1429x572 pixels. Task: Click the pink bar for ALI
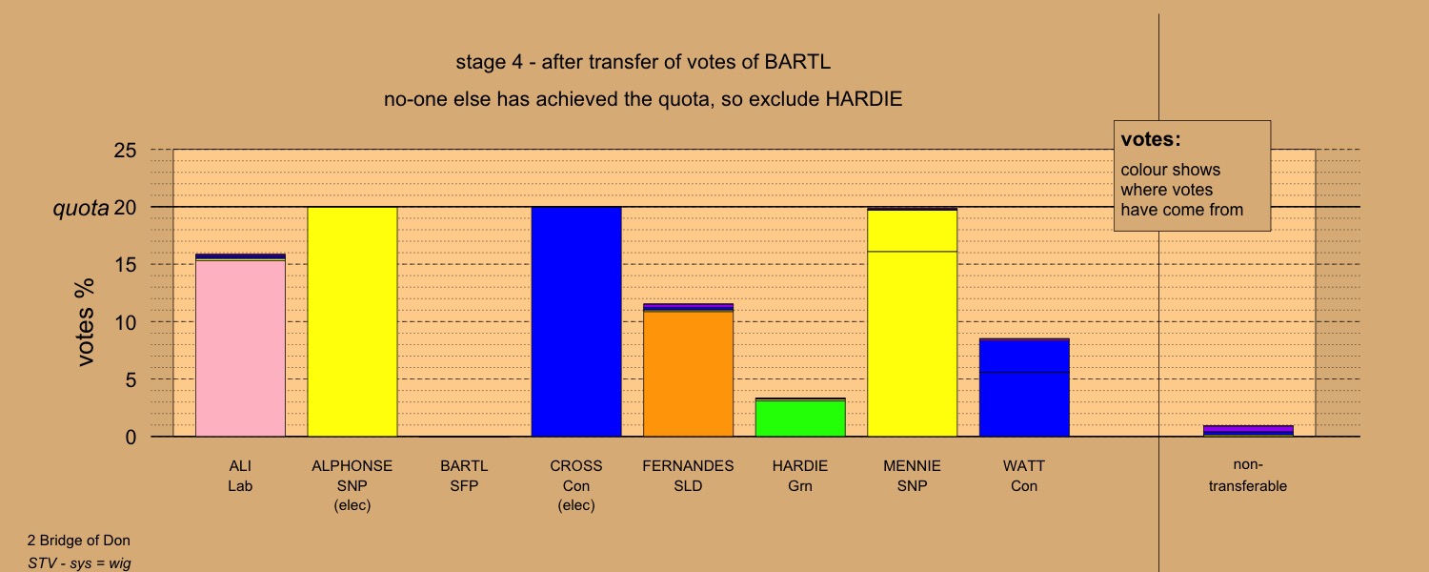pyautogui.click(x=240, y=348)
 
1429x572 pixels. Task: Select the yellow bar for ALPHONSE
pyautogui.click(x=352, y=322)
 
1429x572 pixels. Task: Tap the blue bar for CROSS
pyautogui.click(x=576, y=322)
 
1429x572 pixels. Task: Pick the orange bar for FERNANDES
pyautogui.click(x=689, y=374)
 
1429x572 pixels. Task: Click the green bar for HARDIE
pyautogui.click(x=800, y=419)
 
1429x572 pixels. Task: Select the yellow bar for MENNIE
pyautogui.click(x=913, y=323)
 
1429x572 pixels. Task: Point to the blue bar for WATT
pyautogui.click(x=1024, y=388)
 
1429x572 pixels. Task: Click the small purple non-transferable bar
pyautogui.click(x=1248, y=431)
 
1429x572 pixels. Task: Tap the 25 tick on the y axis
pyautogui.click(x=125, y=151)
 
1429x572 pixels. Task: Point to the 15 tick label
pyautogui.click(x=125, y=265)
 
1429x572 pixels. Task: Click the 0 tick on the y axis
pyautogui.click(x=131, y=438)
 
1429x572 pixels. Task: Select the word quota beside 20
pyautogui.click(x=81, y=209)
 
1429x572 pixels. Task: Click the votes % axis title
pyautogui.click(x=85, y=322)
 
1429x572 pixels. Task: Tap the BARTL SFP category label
pyautogui.click(x=464, y=476)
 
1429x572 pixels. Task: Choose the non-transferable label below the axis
pyautogui.click(x=1248, y=475)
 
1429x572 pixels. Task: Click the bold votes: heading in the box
pyautogui.click(x=1151, y=139)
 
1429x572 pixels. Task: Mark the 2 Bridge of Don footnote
pyautogui.click(x=78, y=541)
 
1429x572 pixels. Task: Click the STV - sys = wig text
pyautogui.click(x=80, y=563)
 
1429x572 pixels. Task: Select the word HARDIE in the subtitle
pyautogui.click(x=864, y=99)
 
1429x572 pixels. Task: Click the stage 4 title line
pyautogui.click(x=643, y=62)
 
